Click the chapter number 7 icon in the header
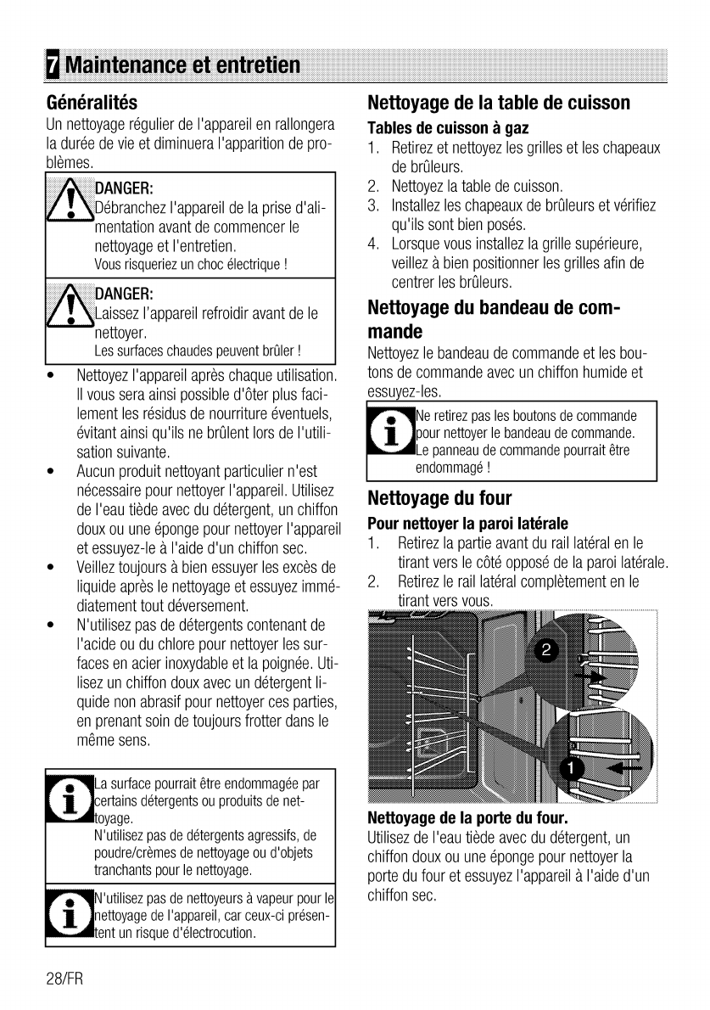click(x=53, y=65)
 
